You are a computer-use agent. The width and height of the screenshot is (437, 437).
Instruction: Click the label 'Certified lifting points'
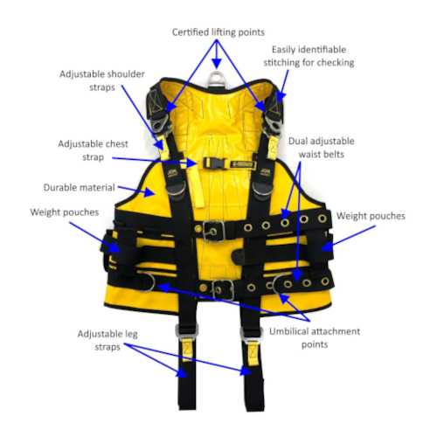point(218,32)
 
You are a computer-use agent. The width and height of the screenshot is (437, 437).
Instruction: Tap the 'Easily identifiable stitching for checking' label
point(309,56)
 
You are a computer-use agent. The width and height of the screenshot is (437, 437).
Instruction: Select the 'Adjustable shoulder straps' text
point(102,80)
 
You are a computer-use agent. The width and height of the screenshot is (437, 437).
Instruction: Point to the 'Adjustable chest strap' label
point(93,150)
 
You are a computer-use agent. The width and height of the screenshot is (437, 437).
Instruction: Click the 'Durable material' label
point(80,187)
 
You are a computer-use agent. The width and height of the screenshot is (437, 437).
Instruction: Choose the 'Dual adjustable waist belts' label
point(322,148)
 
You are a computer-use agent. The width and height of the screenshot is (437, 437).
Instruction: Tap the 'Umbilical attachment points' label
point(315,337)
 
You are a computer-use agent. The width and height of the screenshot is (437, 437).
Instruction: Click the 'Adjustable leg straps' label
point(108,340)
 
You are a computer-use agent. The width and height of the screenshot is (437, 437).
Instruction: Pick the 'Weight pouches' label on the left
point(65,212)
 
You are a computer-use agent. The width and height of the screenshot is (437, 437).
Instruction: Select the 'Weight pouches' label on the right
point(371,216)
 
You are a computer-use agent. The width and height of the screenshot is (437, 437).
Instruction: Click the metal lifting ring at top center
point(216,78)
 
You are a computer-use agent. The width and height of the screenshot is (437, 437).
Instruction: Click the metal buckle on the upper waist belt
point(214,232)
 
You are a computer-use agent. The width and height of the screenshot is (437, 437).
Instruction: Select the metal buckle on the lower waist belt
point(223,289)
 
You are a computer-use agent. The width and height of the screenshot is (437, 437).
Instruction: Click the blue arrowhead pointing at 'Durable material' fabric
point(149,192)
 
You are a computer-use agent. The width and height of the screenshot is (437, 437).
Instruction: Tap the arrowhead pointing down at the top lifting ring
point(217,63)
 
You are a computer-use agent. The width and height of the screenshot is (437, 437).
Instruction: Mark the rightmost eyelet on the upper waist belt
point(323,218)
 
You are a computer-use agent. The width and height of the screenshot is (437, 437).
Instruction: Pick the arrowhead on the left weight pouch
point(114,247)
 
